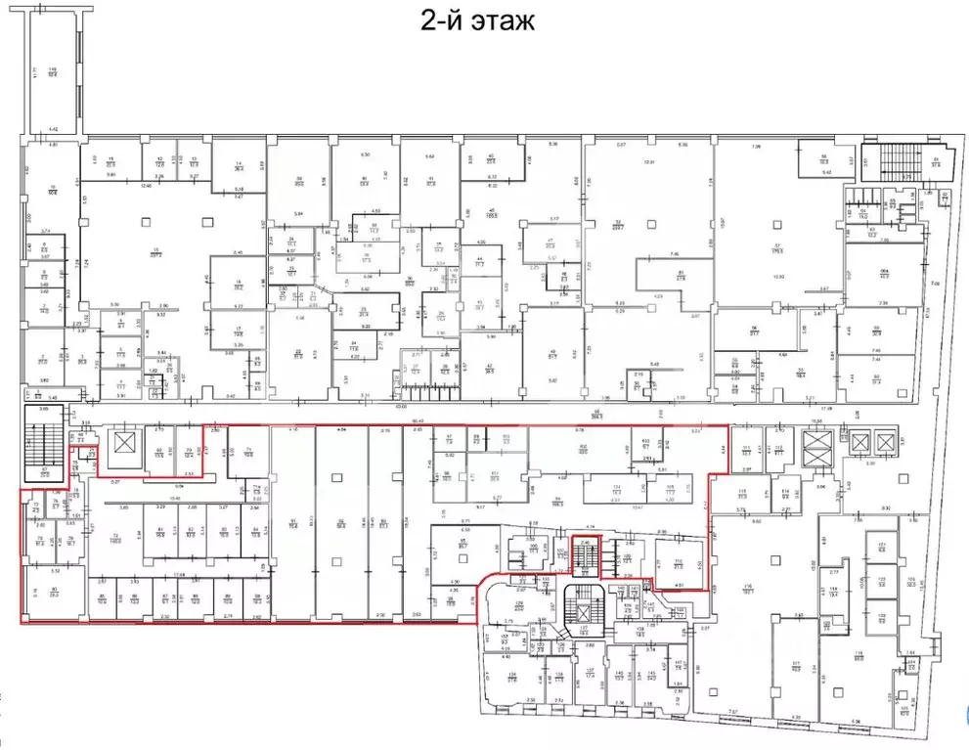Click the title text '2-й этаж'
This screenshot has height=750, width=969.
479,22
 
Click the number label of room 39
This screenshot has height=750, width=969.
300,179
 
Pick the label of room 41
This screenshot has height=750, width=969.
430,179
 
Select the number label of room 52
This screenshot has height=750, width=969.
618,221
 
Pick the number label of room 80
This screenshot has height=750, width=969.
55,590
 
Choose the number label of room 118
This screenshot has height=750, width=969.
859,655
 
